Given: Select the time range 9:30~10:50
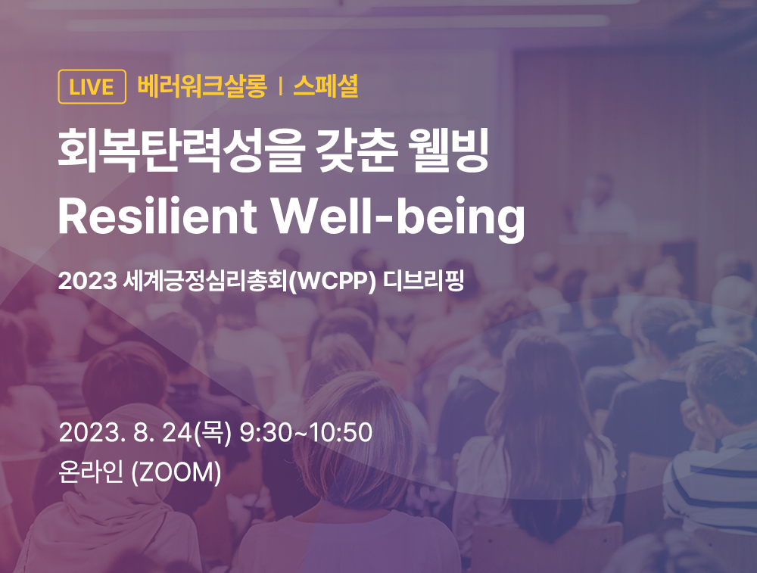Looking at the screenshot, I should (306, 434).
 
